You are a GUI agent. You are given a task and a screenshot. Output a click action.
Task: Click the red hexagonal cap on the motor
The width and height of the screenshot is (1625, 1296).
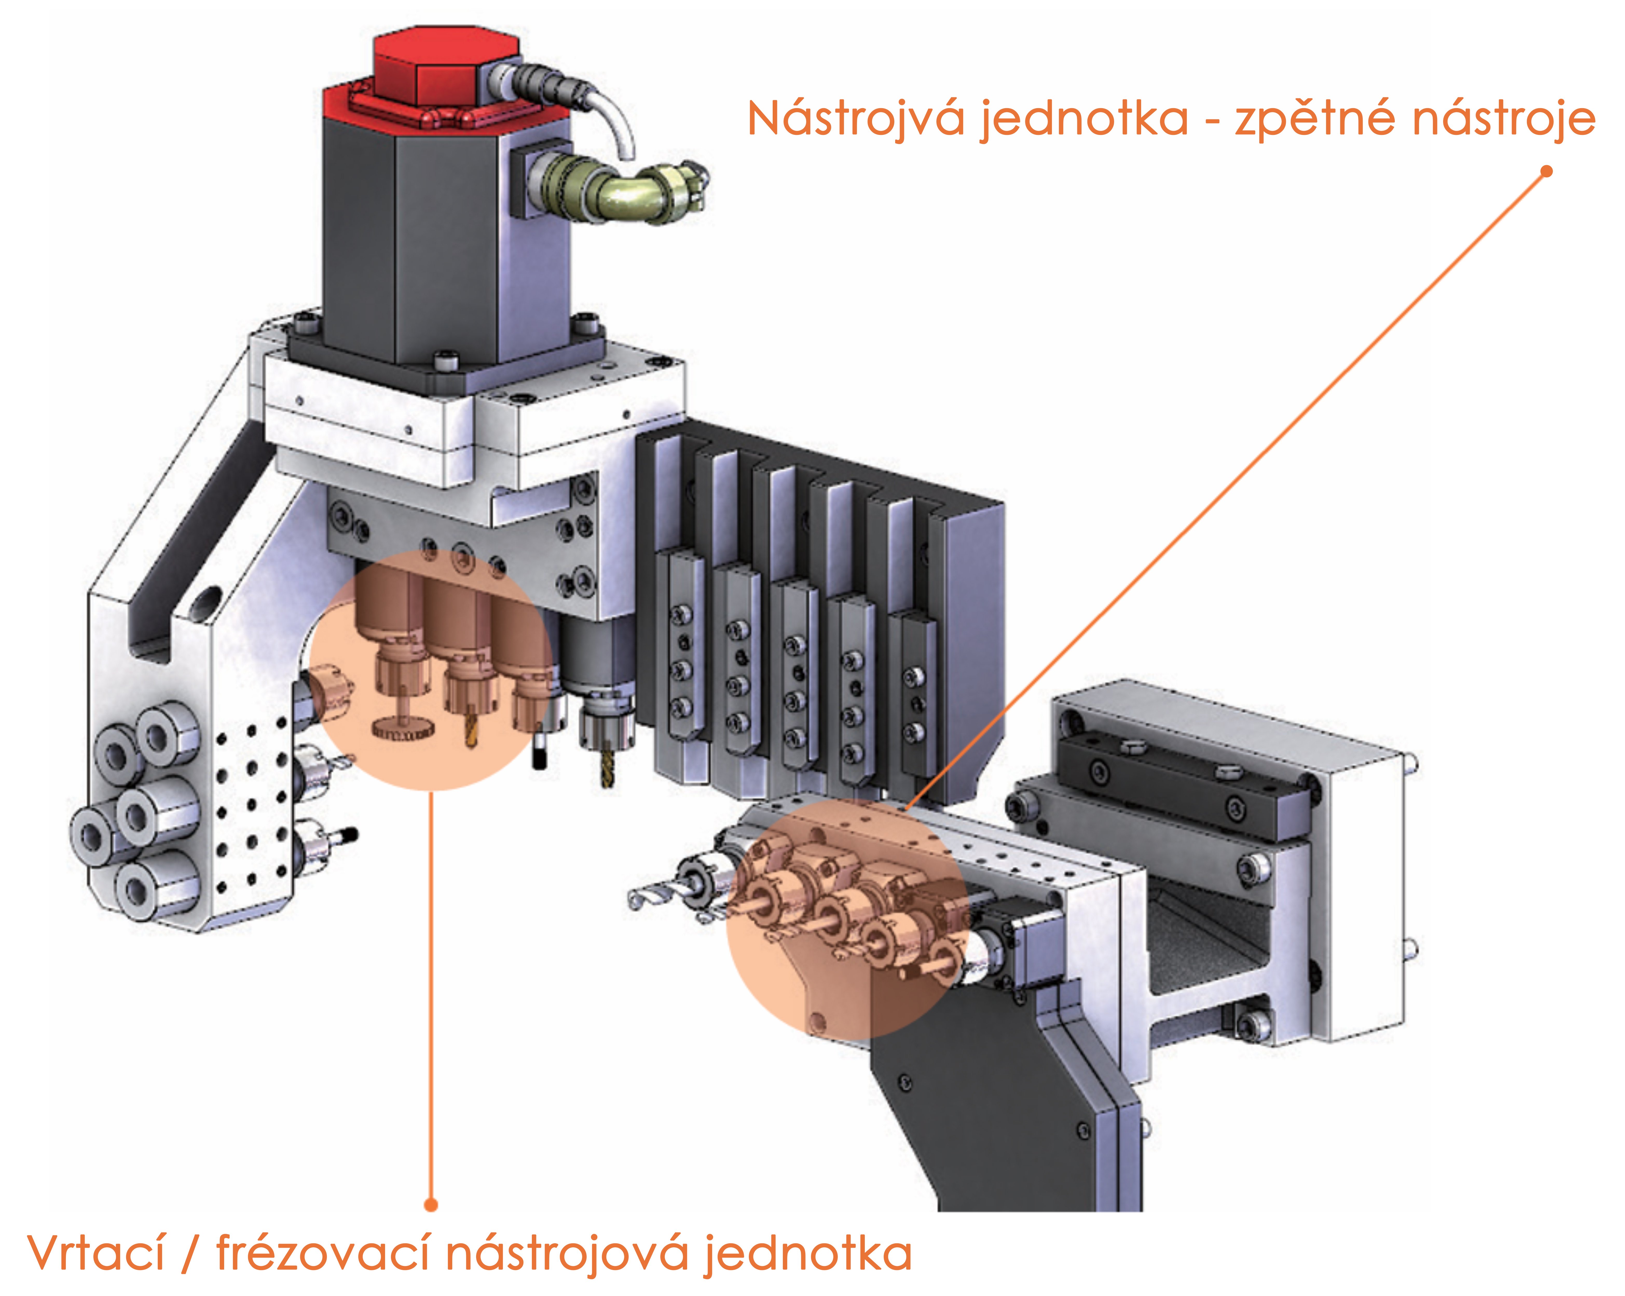click(446, 70)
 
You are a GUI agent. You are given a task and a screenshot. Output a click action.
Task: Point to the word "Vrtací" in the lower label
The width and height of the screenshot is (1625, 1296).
click(97, 1253)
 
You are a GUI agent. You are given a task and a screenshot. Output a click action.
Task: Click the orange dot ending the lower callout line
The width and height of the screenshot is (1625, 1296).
click(431, 1205)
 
